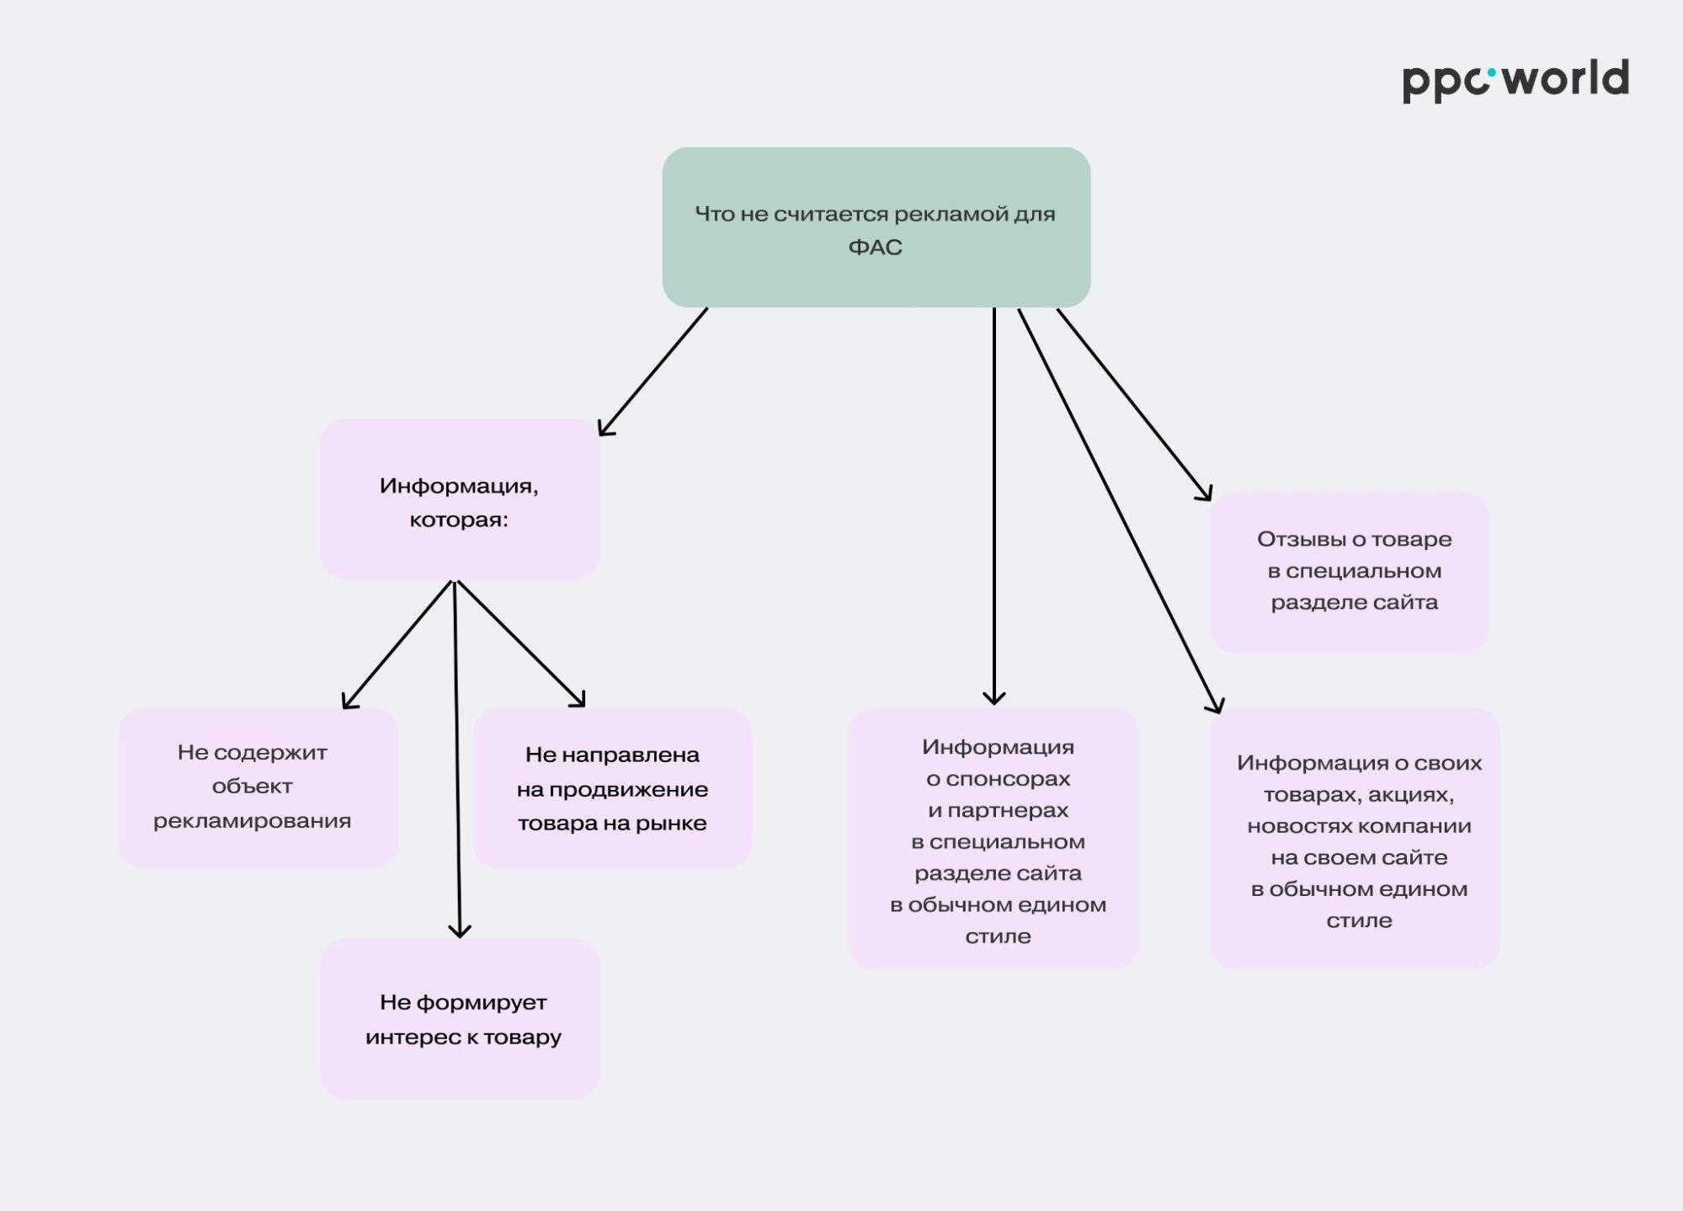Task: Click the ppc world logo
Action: [1515, 80]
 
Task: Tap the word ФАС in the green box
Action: [875, 248]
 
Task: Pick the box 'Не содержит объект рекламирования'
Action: [258, 787]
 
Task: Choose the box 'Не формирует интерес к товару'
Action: [460, 1018]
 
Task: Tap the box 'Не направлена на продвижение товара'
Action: [612, 788]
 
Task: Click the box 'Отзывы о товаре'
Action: [1349, 572]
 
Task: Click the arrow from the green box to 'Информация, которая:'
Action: [652, 371]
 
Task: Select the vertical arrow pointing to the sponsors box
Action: [994, 505]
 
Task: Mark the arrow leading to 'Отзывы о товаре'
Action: [1133, 403]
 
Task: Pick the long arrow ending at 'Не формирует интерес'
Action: [457, 758]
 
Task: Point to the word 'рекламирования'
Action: [252, 821]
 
